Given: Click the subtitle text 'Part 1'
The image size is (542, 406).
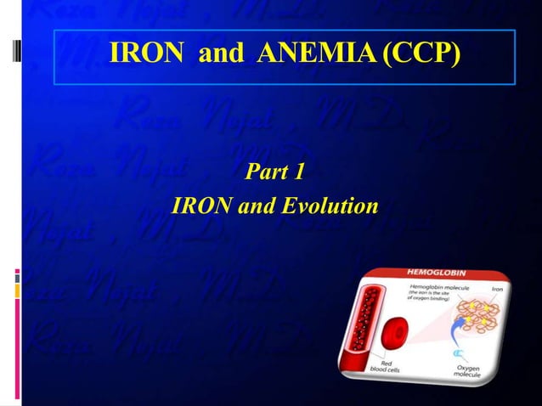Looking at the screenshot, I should (x=274, y=172).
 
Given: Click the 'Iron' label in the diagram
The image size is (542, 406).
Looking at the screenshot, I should (x=495, y=290).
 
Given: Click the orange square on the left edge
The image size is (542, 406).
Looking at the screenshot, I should (x=17, y=290).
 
